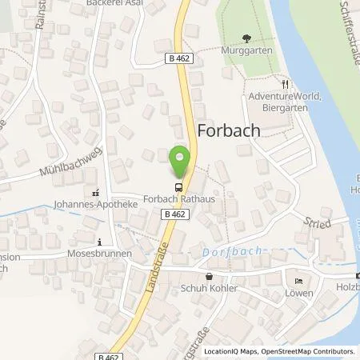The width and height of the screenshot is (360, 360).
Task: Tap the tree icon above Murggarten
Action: pos(246,38)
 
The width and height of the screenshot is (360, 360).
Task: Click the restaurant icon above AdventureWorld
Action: pos(284,83)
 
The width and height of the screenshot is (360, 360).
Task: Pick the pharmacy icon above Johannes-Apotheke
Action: pos(97,192)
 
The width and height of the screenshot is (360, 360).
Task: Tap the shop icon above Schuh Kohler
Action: pos(209,276)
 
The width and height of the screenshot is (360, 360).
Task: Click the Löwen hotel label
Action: pos(298,294)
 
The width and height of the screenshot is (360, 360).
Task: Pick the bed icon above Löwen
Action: pos(298,282)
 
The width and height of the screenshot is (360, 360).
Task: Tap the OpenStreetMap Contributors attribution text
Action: pos(313,351)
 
